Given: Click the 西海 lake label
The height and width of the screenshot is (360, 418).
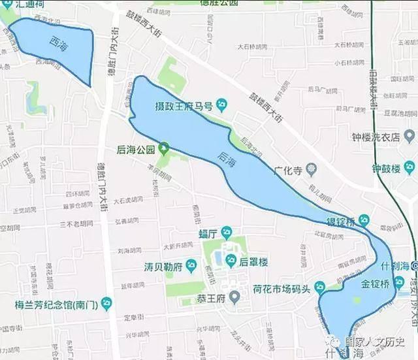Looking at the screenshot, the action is pyautogui.click(x=57, y=41).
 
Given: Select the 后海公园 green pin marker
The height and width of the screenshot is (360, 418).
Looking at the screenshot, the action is pyautogui.click(x=163, y=148).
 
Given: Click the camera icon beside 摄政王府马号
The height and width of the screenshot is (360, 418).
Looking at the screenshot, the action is pyautogui.click(x=221, y=104).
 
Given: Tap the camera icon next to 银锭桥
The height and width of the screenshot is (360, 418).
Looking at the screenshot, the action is pyautogui.click(x=364, y=220).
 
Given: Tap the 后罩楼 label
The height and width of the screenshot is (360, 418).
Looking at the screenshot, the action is pyautogui.click(x=254, y=261).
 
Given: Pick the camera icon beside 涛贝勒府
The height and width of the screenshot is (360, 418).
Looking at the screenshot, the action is pyautogui.click(x=191, y=265).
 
